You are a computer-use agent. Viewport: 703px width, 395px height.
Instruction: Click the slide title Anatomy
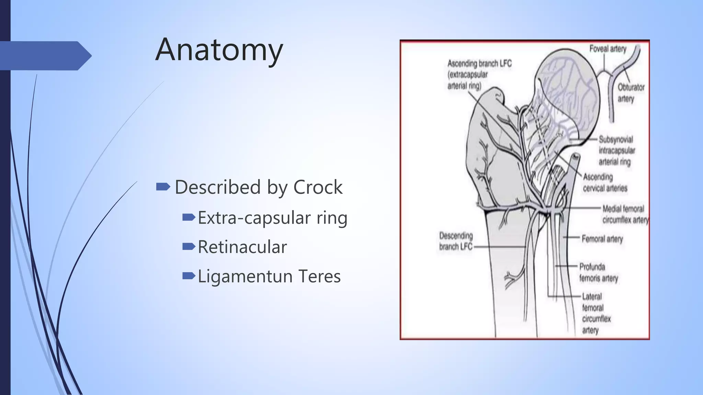click(219, 50)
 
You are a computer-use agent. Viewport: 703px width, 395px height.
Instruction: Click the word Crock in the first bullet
click(318, 187)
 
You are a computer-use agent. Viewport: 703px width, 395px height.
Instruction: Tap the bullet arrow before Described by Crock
click(163, 187)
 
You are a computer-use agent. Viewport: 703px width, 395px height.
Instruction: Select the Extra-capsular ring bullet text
click(273, 218)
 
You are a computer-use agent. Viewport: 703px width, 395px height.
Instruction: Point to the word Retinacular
click(242, 247)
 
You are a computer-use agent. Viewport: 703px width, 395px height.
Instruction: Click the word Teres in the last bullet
click(319, 276)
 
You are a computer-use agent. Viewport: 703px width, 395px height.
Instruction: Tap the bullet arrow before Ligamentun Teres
click(189, 275)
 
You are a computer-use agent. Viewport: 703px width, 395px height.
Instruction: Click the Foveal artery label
click(608, 49)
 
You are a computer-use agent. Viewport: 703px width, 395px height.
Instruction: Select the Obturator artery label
click(631, 93)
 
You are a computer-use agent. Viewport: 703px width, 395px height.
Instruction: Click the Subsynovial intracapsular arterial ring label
click(616, 151)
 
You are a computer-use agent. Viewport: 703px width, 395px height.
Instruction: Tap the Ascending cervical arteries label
click(604, 182)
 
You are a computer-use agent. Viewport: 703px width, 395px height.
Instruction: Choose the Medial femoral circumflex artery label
click(625, 214)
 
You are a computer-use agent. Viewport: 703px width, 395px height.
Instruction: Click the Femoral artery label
click(602, 239)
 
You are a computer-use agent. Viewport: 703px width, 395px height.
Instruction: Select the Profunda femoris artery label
click(598, 272)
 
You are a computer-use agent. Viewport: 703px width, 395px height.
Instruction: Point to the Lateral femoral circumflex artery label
click(596, 313)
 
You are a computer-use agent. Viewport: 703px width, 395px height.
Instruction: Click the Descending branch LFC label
click(456, 241)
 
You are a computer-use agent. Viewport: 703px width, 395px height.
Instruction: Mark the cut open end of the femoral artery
click(576, 156)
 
